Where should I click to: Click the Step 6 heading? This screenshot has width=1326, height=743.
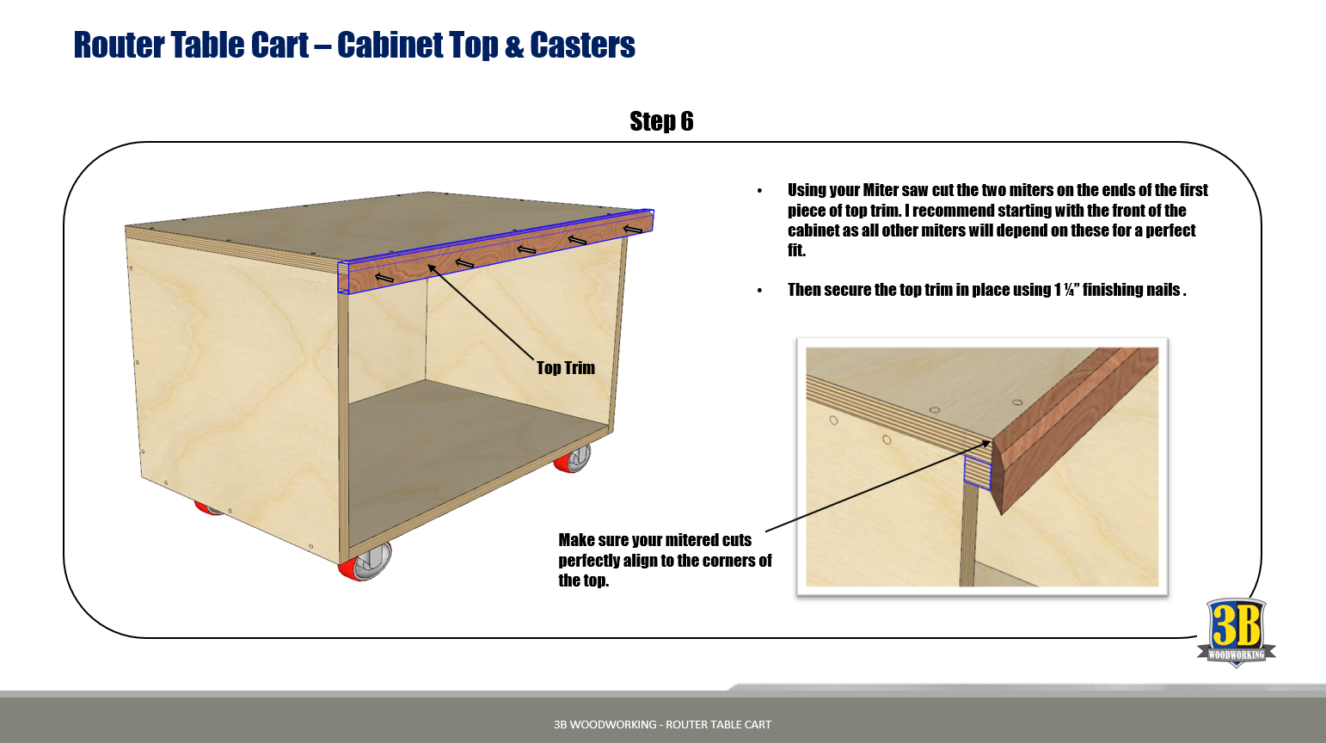[661, 121]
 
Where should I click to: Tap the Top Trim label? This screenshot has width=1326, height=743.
[565, 368]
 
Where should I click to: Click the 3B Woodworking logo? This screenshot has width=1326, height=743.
[1236, 632]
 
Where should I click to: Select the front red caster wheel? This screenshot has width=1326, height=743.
[366, 562]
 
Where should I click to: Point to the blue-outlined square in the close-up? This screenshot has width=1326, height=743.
[977, 472]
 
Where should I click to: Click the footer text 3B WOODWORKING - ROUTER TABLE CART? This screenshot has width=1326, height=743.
[662, 724]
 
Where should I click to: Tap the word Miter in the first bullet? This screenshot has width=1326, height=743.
[881, 190]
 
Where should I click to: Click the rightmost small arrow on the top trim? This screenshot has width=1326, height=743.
[633, 229]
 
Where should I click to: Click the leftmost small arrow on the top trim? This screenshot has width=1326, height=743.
[384, 277]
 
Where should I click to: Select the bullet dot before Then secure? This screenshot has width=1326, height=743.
[759, 291]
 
